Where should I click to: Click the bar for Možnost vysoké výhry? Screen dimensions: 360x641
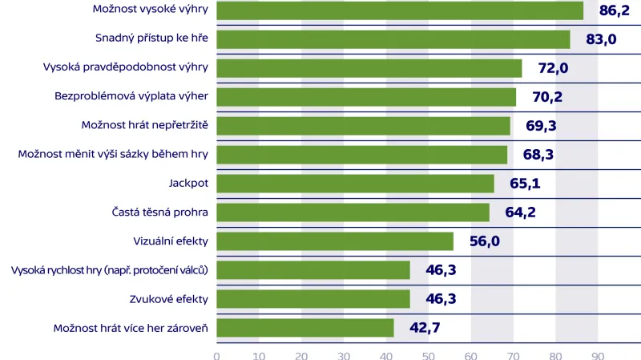[400, 10]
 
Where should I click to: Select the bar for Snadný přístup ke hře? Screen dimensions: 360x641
[393, 39]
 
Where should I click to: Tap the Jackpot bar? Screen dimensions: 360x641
[355, 184]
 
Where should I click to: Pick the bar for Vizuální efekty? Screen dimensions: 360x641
[335, 241]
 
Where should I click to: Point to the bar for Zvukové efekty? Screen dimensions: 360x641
[313, 299]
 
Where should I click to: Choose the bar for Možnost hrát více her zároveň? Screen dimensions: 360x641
[305, 328]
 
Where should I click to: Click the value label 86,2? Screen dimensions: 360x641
[614, 10]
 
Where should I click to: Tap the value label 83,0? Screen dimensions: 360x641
[601, 39]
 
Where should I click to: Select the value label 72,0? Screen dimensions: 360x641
[553, 68]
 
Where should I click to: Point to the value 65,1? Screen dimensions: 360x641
[525, 184]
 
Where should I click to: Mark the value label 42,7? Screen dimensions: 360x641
[425, 328]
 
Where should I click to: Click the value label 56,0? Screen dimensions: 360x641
[484, 241]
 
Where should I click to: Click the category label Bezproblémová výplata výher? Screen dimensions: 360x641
[131, 96]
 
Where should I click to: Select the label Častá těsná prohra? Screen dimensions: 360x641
[160, 212]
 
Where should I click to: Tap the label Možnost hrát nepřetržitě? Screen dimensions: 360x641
[145, 125]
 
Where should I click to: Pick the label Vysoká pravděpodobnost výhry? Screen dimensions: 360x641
[126, 67]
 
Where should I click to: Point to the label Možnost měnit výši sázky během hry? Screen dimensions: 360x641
[113, 154]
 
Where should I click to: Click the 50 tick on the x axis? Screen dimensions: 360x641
[428, 354]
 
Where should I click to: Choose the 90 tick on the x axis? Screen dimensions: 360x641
[598, 354]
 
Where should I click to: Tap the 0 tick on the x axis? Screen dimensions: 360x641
[216, 354]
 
